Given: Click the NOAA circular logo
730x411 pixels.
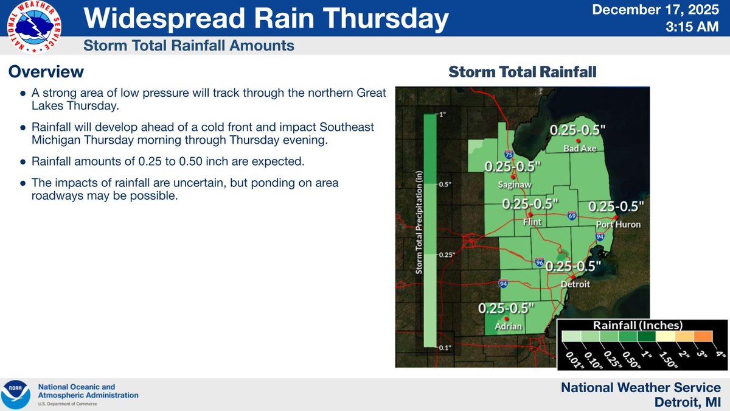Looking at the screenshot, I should [x=16, y=395].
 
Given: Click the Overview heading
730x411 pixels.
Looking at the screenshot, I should [x=46, y=72].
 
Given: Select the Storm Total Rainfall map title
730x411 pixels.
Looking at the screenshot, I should [x=522, y=72].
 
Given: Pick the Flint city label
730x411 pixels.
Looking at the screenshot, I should [x=532, y=223].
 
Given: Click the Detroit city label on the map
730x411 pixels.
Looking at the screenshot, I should [x=574, y=284].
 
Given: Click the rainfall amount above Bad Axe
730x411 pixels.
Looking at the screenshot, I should [x=579, y=130].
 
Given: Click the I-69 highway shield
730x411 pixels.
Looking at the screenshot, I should [x=572, y=216].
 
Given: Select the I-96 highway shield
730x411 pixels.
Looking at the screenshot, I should [x=540, y=262].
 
